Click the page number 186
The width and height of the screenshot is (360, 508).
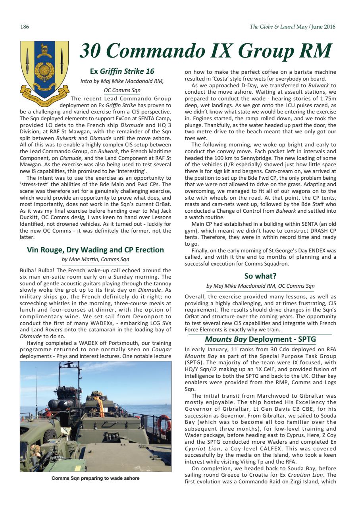24,27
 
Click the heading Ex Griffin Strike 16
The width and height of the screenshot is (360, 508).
122,71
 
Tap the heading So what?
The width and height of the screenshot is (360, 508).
260,276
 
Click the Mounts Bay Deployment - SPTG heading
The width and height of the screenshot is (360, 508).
260,339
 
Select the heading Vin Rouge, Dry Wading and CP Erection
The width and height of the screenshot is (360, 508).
95,250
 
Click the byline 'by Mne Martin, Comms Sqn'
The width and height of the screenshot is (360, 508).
95,260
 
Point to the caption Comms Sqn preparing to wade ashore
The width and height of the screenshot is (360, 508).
95,478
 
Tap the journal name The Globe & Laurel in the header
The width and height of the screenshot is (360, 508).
272,27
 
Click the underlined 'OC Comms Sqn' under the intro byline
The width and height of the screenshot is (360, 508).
122,90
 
